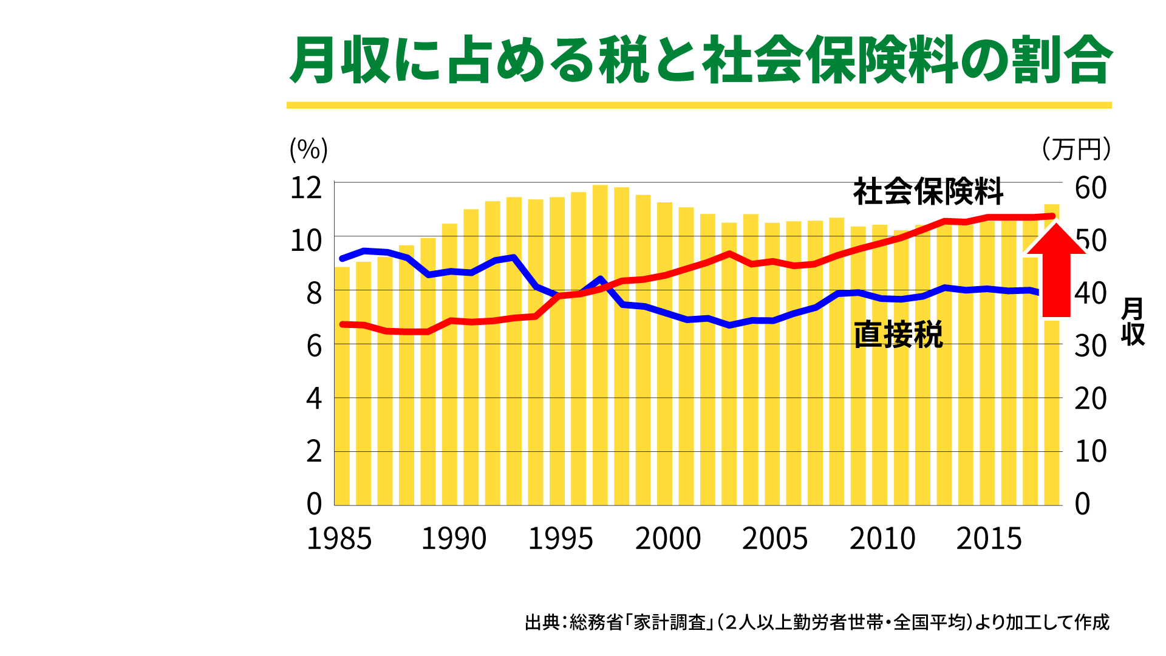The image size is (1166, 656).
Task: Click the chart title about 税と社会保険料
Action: tap(700, 60)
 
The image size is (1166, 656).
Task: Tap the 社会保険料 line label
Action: tap(928, 192)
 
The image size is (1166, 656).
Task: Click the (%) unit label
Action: tap(309, 149)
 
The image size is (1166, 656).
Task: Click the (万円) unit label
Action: tap(1076, 149)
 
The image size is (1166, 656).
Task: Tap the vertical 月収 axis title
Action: tap(1133, 321)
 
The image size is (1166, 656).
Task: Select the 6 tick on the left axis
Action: tap(313, 347)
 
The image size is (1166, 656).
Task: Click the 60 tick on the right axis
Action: tap(1091, 188)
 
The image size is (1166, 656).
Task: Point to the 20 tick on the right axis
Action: tap(1091, 399)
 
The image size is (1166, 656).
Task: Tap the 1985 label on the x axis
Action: tap(339, 539)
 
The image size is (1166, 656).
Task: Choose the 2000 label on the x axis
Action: tap(668, 539)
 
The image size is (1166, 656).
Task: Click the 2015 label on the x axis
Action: tap(989, 539)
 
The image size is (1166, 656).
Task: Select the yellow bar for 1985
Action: tap(342, 389)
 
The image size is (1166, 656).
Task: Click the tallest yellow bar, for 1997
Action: tap(600, 364)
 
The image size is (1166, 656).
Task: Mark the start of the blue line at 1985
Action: tap(343, 259)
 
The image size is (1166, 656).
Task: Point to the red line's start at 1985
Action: tap(343, 324)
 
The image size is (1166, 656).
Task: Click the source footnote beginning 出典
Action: tap(817, 623)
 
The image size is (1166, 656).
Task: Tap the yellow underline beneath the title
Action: tap(698, 105)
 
